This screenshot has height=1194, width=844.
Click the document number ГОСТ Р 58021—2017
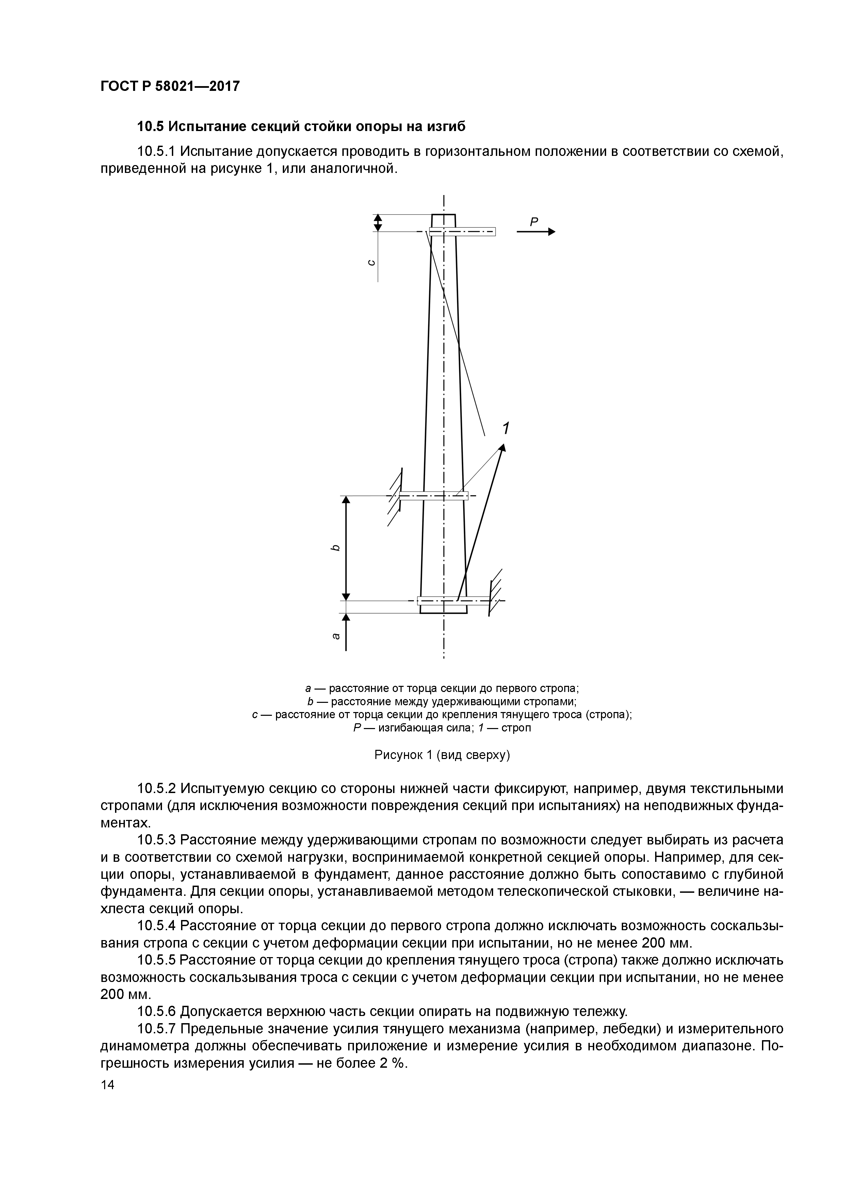(x=169, y=86)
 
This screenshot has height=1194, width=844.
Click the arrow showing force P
(x=536, y=232)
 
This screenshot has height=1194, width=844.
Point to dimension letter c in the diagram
(x=371, y=263)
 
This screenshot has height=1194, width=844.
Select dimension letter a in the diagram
(x=336, y=635)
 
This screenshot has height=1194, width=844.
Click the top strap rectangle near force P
(x=462, y=232)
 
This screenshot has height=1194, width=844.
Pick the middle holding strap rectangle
(x=434, y=496)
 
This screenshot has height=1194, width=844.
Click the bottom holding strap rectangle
(x=453, y=601)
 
